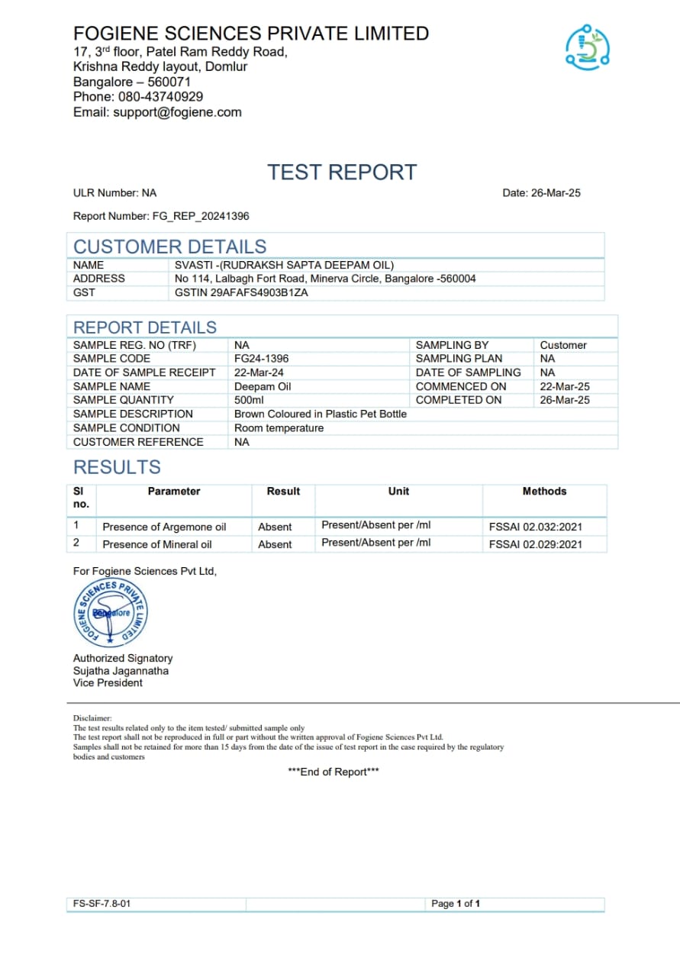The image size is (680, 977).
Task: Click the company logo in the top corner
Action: (x=587, y=47)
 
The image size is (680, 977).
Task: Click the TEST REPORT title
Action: (x=342, y=173)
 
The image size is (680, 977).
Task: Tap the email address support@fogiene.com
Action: (x=177, y=112)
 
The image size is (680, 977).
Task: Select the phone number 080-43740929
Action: (x=160, y=97)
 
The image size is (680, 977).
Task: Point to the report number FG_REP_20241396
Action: (x=201, y=216)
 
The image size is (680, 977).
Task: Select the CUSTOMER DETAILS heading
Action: (x=169, y=247)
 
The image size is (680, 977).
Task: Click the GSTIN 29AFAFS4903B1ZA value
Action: (x=241, y=292)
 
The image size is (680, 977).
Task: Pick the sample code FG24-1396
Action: (x=261, y=358)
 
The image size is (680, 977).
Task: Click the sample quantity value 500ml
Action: (x=250, y=400)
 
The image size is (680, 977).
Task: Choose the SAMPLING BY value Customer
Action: (x=563, y=345)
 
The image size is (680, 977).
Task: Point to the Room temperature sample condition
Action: (x=279, y=428)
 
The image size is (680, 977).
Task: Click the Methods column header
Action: (x=544, y=492)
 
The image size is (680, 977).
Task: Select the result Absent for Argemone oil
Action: (x=275, y=527)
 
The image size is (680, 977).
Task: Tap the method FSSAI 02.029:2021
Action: (x=535, y=544)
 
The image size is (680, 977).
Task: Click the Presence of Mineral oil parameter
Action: (x=157, y=544)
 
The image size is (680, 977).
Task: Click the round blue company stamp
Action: (x=111, y=614)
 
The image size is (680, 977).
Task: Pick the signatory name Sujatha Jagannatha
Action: (x=121, y=671)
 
